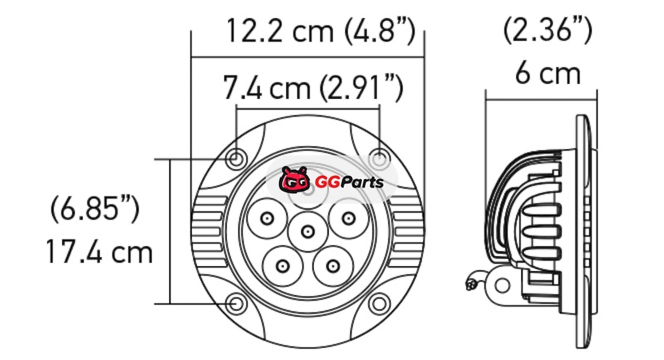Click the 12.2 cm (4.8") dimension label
click(320, 30)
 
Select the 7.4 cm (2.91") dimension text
click(313, 87)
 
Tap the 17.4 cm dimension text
click(99, 251)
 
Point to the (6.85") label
click(95, 208)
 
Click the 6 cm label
click(548, 74)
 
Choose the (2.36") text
click(547, 30)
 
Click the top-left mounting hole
click(234, 159)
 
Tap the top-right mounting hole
click(378, 159)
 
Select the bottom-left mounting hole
click(236, 304)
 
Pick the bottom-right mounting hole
click(378, 304)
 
